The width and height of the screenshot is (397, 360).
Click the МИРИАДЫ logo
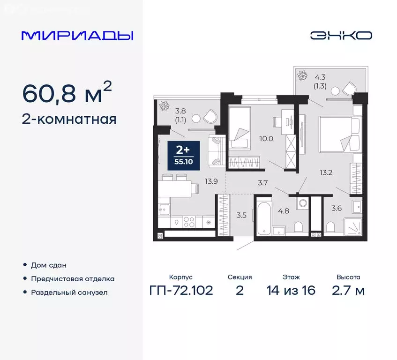(77, 36)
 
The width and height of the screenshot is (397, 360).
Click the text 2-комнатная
(69, 120)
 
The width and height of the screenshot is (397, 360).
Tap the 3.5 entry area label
(241, 216)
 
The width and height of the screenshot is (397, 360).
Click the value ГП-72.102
(181, 291)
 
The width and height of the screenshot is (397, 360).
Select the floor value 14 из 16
(291, 291)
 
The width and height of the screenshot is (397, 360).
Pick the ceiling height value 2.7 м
(348, 291)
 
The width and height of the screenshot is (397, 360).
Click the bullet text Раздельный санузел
(69, 292)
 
